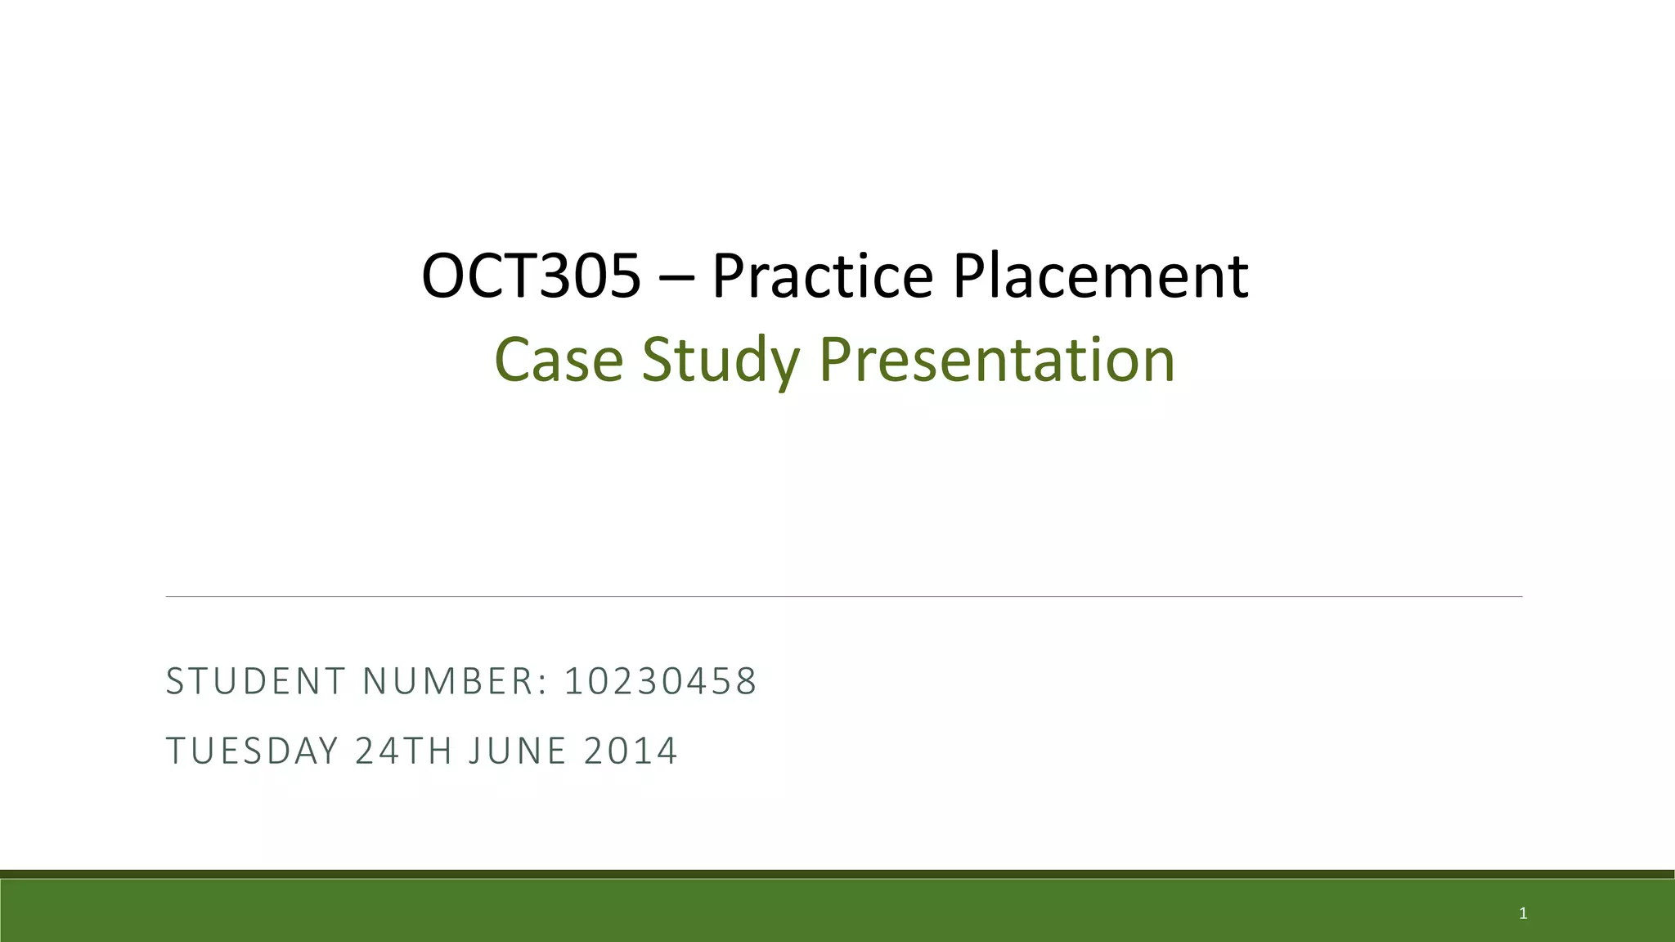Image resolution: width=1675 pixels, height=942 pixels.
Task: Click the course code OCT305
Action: click(x=531, y=276)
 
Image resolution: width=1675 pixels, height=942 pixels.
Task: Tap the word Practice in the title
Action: click(x=822, y=276)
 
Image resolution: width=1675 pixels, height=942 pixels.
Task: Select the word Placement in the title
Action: click(x=1100, y=276)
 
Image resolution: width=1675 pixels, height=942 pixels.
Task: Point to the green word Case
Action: click(x=559, y=360)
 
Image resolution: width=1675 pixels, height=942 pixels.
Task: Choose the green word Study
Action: click(x=721, y=360)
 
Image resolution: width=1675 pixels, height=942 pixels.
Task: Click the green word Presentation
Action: click(x=997, y=360)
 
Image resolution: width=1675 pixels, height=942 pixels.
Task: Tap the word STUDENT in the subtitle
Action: click(x=256, y=681)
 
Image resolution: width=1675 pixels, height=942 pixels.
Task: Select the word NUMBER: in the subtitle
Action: click(x=455, y=681)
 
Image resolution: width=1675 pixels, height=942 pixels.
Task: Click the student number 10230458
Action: click(x=661, y=681)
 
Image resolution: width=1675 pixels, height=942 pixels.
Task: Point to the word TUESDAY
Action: click(x=252, y=751)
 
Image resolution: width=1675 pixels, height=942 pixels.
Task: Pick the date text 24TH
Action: click(x=403, y=751)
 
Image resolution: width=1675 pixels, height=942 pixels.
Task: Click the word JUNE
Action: click(x=518, y=751)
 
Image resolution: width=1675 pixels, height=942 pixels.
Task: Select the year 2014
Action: click(x=631, y=751)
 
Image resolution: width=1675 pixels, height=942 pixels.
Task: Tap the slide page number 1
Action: click(x=1523, y=913)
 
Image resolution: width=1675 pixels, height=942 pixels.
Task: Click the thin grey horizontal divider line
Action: click(x=843, y=597)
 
